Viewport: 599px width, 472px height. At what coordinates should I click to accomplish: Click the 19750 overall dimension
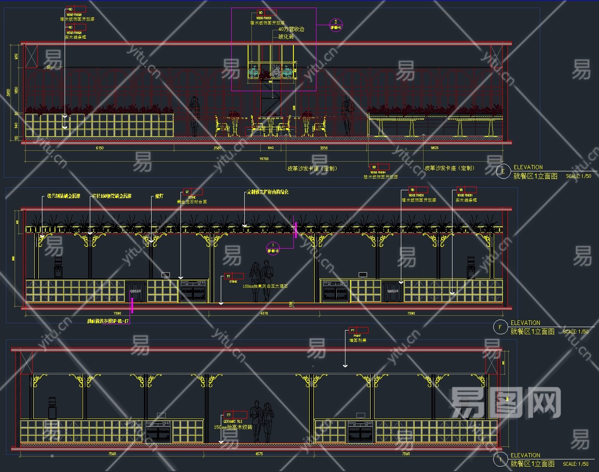[264, 159]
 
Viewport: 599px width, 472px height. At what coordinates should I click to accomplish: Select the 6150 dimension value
[99, 148]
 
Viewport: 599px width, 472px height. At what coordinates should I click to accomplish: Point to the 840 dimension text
[271, 148]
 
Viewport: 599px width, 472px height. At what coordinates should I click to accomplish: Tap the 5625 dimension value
[434, 148]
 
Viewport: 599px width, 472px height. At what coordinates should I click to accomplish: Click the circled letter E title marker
[502, 171]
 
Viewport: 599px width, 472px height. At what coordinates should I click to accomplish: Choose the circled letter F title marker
[500, 327]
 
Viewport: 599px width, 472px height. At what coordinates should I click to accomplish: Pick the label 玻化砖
[286, 37]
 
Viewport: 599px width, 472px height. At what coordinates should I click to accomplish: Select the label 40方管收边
[291, 29]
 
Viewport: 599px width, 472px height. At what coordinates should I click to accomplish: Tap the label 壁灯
[159, 196]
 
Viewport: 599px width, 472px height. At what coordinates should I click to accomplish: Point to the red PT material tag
[358, 330]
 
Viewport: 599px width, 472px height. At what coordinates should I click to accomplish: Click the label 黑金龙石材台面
[191, 202]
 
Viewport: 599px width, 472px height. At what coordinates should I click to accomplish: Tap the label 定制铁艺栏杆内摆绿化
[268, 192]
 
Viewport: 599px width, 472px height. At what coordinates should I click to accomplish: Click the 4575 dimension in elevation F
[264, 313]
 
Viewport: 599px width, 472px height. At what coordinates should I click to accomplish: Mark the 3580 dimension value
[217, 148]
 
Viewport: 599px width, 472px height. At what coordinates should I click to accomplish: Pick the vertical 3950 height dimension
[9, 92]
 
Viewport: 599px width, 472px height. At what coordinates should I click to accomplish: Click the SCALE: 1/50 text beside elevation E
[578, 176]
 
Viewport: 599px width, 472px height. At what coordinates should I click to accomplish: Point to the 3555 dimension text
[324, 148]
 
